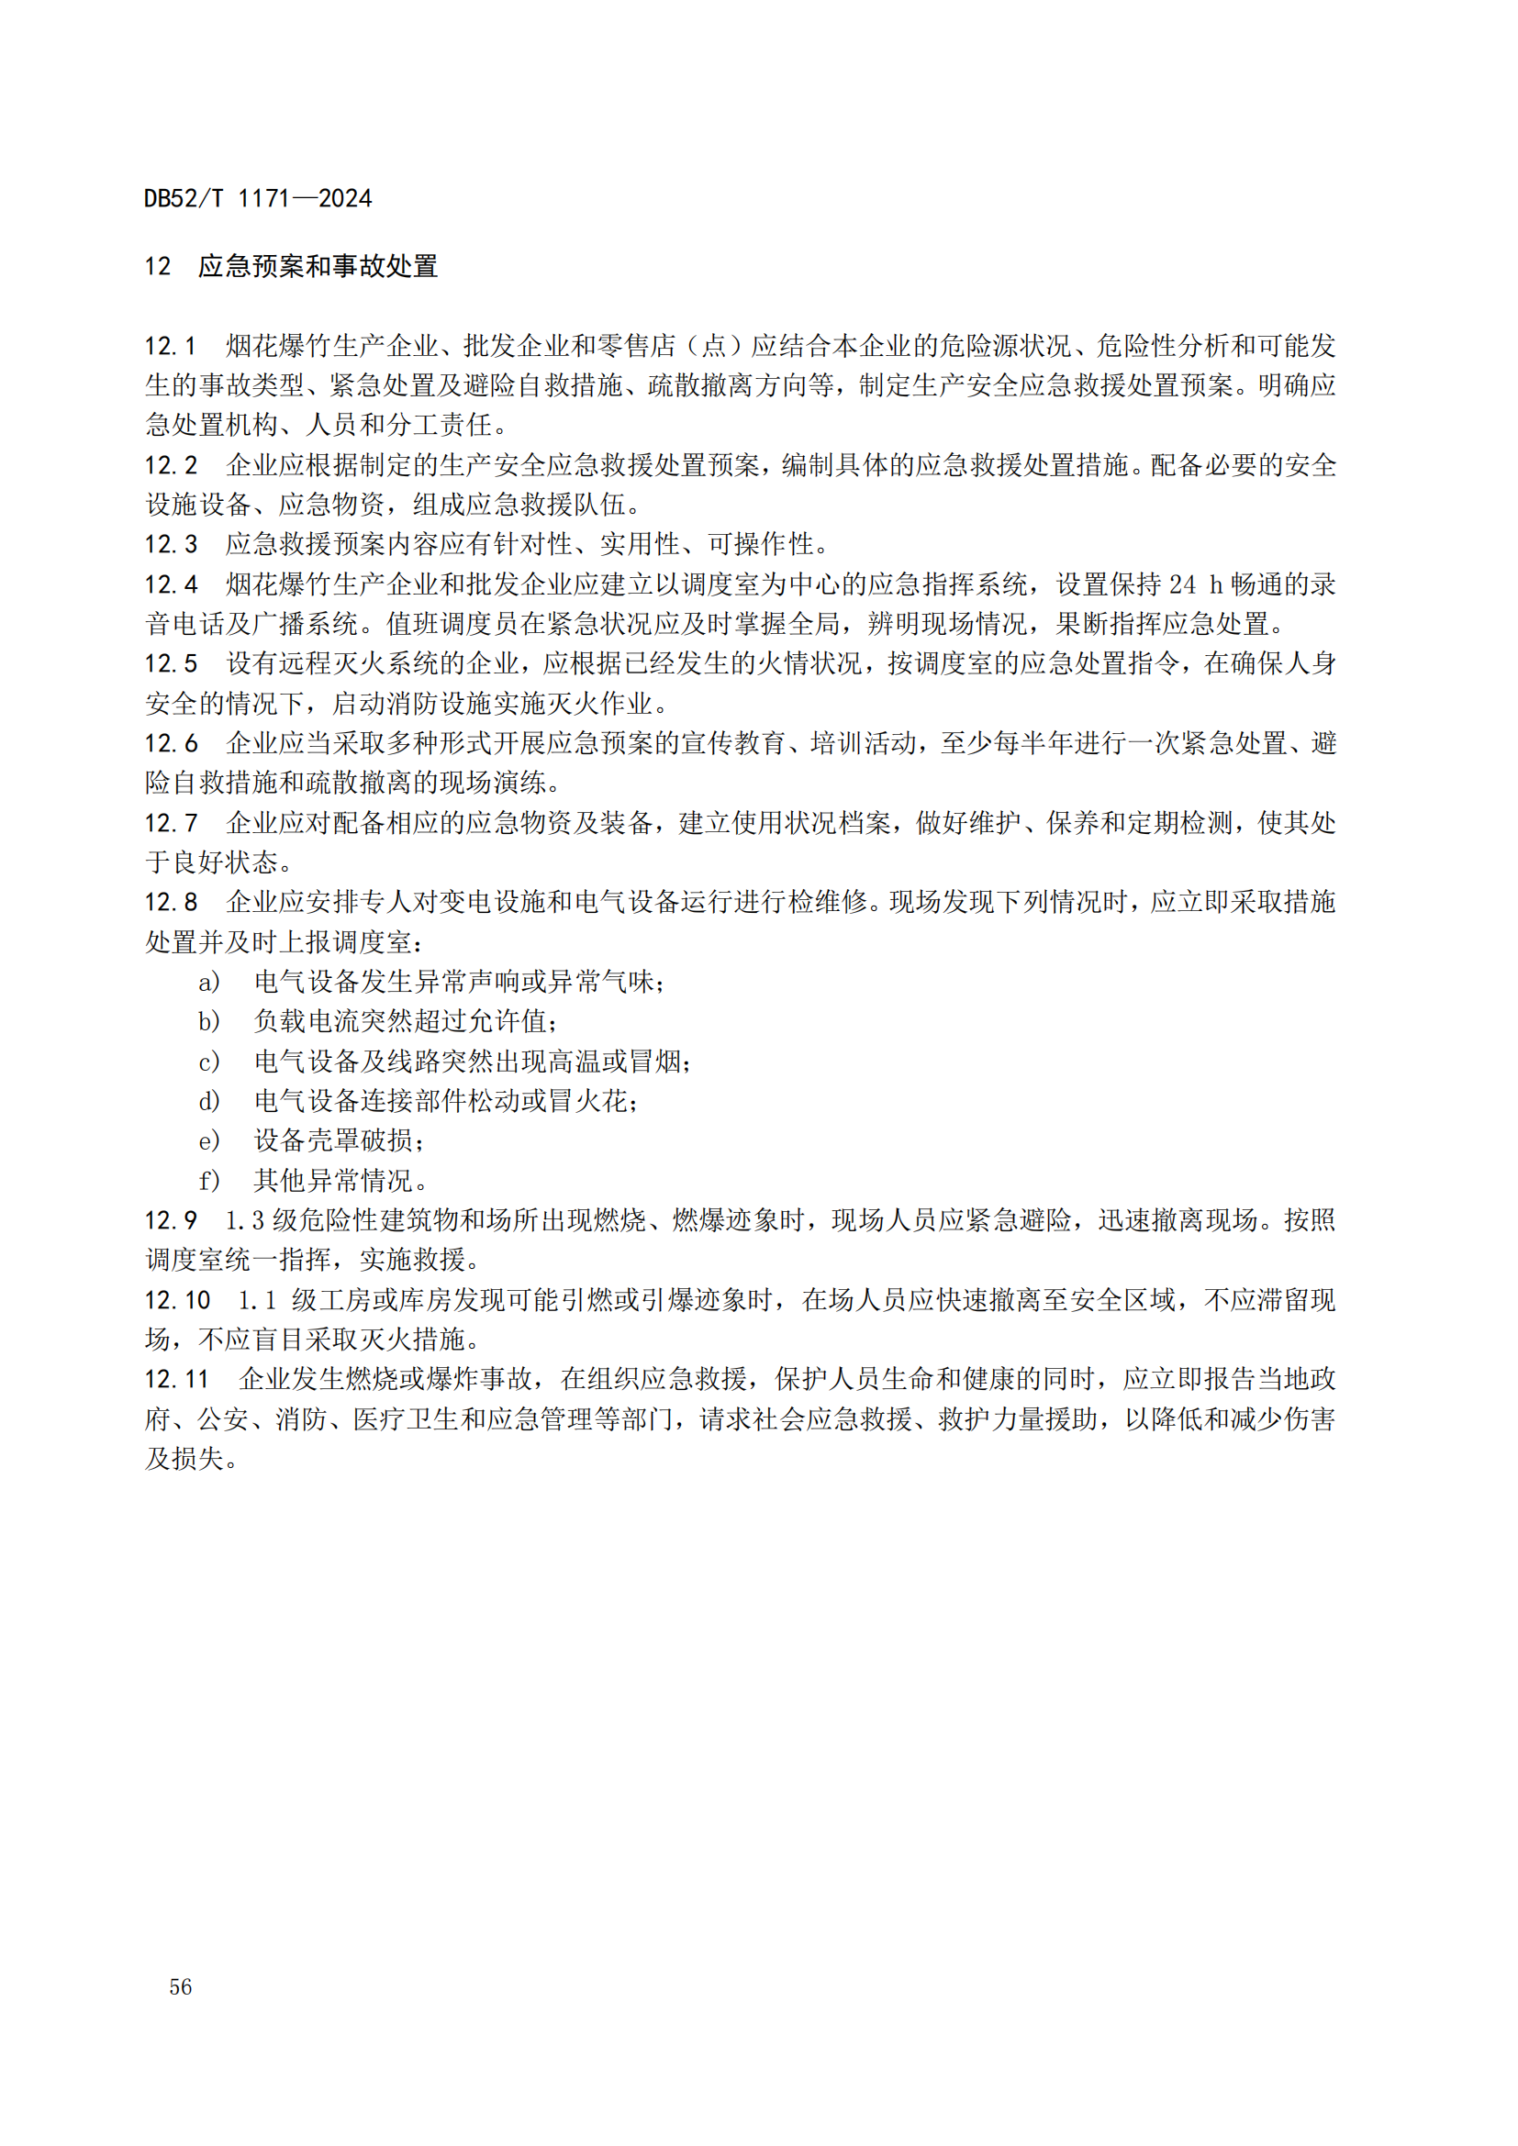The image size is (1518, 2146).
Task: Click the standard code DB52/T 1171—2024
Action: click(257, 198)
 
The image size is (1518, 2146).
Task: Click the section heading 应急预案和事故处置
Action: click(318, 266)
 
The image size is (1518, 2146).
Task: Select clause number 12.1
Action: click(170, 346)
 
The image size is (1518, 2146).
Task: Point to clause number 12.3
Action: click(170, 544)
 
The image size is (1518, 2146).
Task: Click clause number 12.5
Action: click(170, 663)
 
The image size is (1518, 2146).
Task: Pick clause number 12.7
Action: click(170, 822)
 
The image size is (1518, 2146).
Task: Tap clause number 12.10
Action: click(176, 1299)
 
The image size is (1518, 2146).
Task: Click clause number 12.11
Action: click(176, 1379)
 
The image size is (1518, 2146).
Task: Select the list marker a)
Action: click(208, 982)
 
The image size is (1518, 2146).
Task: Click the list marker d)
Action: click(208, 1101)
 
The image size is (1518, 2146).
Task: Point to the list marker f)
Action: click(208, 1181)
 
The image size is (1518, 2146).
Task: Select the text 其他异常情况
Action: click(334, 1181)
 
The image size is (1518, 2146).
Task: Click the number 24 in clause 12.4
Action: click(1182, 584)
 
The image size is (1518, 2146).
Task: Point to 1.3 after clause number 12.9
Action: click(245, 1219)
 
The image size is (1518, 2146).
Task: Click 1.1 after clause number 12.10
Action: click(258, 1299)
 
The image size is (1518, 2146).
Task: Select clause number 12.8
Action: click(170, 902)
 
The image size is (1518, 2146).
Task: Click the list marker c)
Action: click(208, 1061)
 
